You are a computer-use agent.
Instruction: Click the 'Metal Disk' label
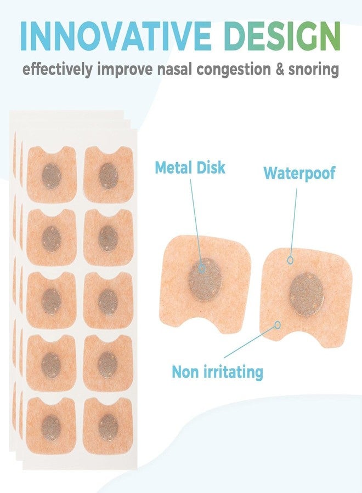pyautogui.click(x=190, y=167)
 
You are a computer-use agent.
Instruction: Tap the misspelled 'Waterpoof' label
pyautogui.click(x=299, y=173)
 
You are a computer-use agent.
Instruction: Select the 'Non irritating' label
pyautogui.click(x=218, y=372)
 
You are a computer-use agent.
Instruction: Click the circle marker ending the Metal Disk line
pyautogui.click(x=202, y=268)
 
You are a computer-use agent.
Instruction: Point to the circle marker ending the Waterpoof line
pyautogui.click(x=290, y=260)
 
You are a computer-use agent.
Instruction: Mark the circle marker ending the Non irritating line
pyautogui.click(x=278, y=325)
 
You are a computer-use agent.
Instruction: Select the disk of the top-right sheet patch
pyautogui.click(x=108, y=176)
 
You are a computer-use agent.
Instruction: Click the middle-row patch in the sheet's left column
pyautogui.click(x=52, y=300)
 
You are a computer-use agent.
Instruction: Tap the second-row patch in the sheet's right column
pyautogui.click(x=108, y=237)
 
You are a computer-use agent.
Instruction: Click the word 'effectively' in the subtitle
pyautogui.click(x=58, y=70)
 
